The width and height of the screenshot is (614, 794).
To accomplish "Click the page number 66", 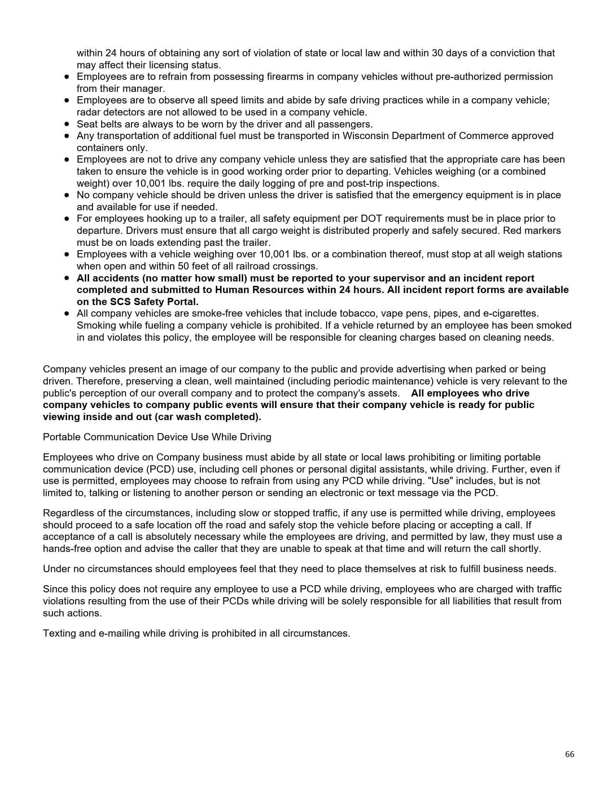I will point(570,754).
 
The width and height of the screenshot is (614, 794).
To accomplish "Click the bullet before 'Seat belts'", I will point(67,124).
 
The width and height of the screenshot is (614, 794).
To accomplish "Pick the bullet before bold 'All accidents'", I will point(67,278).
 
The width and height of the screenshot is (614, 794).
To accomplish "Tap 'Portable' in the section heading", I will point(62,437).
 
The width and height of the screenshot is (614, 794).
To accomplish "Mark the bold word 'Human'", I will point(233,290).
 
